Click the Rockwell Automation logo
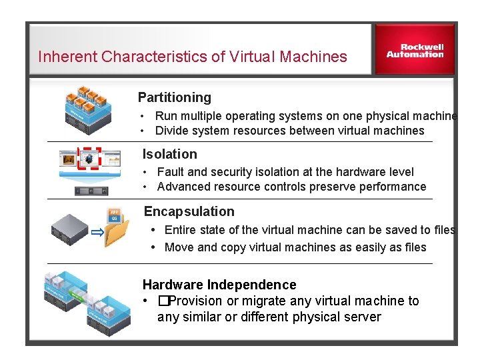(415, 51)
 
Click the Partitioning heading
(174, 97)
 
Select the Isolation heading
(170, 154)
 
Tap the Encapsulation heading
(189, 211)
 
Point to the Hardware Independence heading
(219, 285)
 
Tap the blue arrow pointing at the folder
(97, 233)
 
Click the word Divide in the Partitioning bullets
(171, 131)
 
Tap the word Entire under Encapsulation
(180, 230)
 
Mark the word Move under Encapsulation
(179, 247)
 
